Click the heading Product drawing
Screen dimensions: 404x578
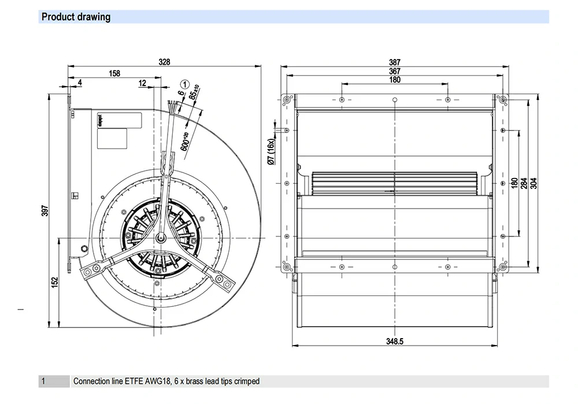(76, 17)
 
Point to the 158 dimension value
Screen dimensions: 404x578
(114, 73)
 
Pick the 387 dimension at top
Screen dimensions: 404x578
(395, 62)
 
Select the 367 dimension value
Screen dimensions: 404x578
(395, 71)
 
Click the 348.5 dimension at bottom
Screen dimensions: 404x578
(395, 342)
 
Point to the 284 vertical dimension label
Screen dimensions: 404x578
(524, 183)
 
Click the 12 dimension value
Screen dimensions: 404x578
(142, 83)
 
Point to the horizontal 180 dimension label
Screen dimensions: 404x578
(395, 80)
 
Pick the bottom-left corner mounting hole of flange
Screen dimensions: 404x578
(286, 267)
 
